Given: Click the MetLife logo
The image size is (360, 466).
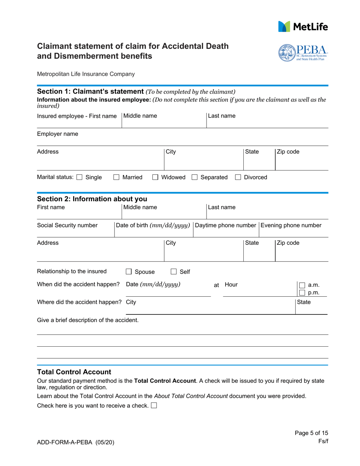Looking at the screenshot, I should [x=303, y=27].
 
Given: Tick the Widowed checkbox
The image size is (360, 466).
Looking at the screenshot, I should [x=155, y=177].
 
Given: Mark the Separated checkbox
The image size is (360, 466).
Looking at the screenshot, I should [x=194, y=177].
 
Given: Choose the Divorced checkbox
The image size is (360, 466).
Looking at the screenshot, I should [x=238, y=177].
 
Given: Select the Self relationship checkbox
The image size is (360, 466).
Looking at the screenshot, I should [x=174, y=272].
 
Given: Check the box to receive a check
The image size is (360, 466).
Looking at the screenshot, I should [x=154, y=406].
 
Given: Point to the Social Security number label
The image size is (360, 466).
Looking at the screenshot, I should [x=67, y=225].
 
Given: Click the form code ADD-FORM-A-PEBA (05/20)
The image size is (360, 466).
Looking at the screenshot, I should [x=75, y=442].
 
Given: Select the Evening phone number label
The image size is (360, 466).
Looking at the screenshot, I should [x=291, y=225].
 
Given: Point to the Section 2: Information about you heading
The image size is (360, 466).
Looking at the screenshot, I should [x=92, y=199].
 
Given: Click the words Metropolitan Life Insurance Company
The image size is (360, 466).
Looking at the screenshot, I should [x=86, y=74].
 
